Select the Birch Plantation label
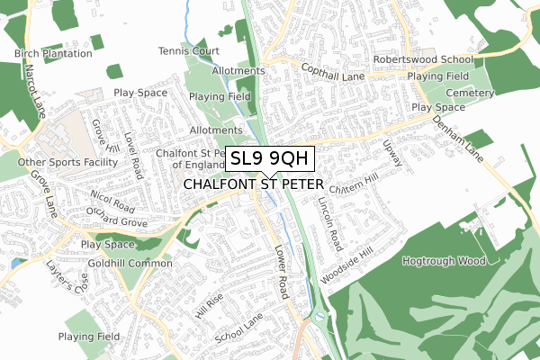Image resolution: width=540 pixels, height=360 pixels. (x=53, y=53)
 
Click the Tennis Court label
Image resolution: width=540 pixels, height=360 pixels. (x=188, y=51)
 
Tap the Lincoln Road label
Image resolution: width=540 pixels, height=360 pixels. (x=332, y=223)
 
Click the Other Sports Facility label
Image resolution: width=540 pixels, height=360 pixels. (x=68, y=162)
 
